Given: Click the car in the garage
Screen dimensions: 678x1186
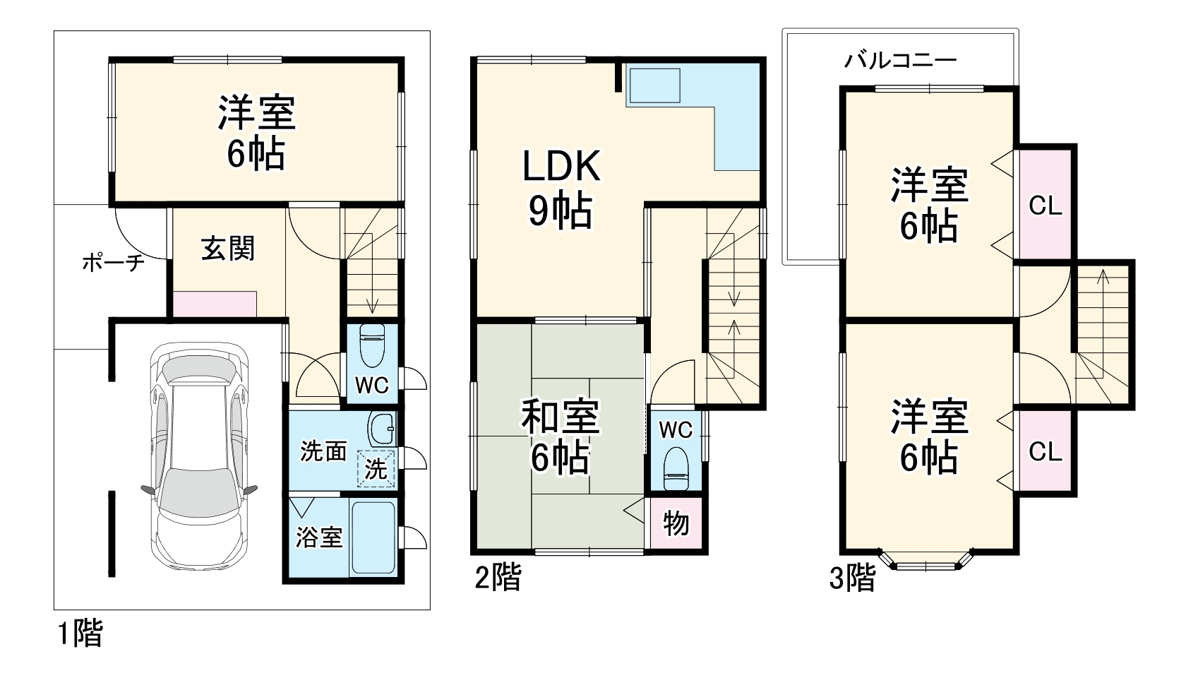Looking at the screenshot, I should (199, 452).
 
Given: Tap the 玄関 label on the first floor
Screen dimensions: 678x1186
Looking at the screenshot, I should (227, 249).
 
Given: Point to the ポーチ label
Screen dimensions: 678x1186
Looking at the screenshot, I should (114, 264).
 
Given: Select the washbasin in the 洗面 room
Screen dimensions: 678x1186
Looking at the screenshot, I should (381, 428).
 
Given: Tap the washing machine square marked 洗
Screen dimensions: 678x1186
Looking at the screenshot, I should (376, 468).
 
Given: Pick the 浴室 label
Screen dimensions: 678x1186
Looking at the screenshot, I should (319, 537).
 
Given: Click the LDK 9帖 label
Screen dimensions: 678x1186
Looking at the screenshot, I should (561, 189).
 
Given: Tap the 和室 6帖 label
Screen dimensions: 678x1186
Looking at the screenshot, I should (561, 436).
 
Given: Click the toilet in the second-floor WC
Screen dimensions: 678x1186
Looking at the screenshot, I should (676, 467).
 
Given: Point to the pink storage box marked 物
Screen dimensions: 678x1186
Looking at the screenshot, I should (676, 524).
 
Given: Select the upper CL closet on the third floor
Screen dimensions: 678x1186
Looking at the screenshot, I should (1045, 206).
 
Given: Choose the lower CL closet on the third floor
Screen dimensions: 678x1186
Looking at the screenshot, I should (1045, 451).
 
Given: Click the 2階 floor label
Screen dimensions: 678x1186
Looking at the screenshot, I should (497, 578).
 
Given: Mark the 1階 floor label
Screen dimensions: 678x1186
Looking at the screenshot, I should (79, 634).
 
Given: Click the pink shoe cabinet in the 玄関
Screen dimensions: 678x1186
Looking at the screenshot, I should (215, 304).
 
